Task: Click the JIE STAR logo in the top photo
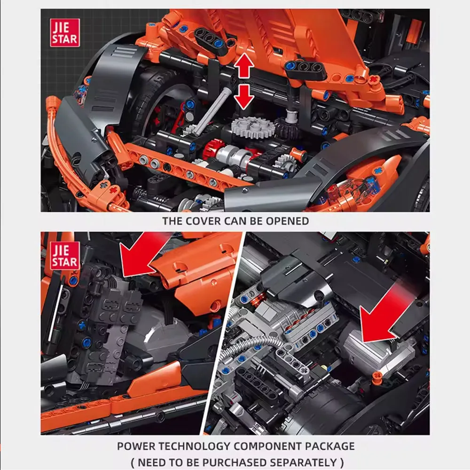[65, 32]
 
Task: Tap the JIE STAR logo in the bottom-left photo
[65, 257]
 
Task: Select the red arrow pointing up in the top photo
[244, 66]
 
